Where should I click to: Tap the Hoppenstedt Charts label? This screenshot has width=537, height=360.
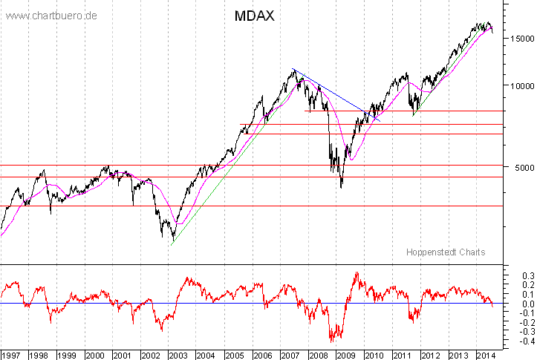click(446, 252)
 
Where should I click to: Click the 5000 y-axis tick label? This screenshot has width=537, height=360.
click(514, 168)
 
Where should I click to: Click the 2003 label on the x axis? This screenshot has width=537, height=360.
click(178, 354)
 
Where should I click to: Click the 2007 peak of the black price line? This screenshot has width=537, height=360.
click(294, 69)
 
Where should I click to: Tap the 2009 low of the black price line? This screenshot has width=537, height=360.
click(341, 187)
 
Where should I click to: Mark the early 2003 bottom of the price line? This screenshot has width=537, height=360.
click(172, 242)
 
